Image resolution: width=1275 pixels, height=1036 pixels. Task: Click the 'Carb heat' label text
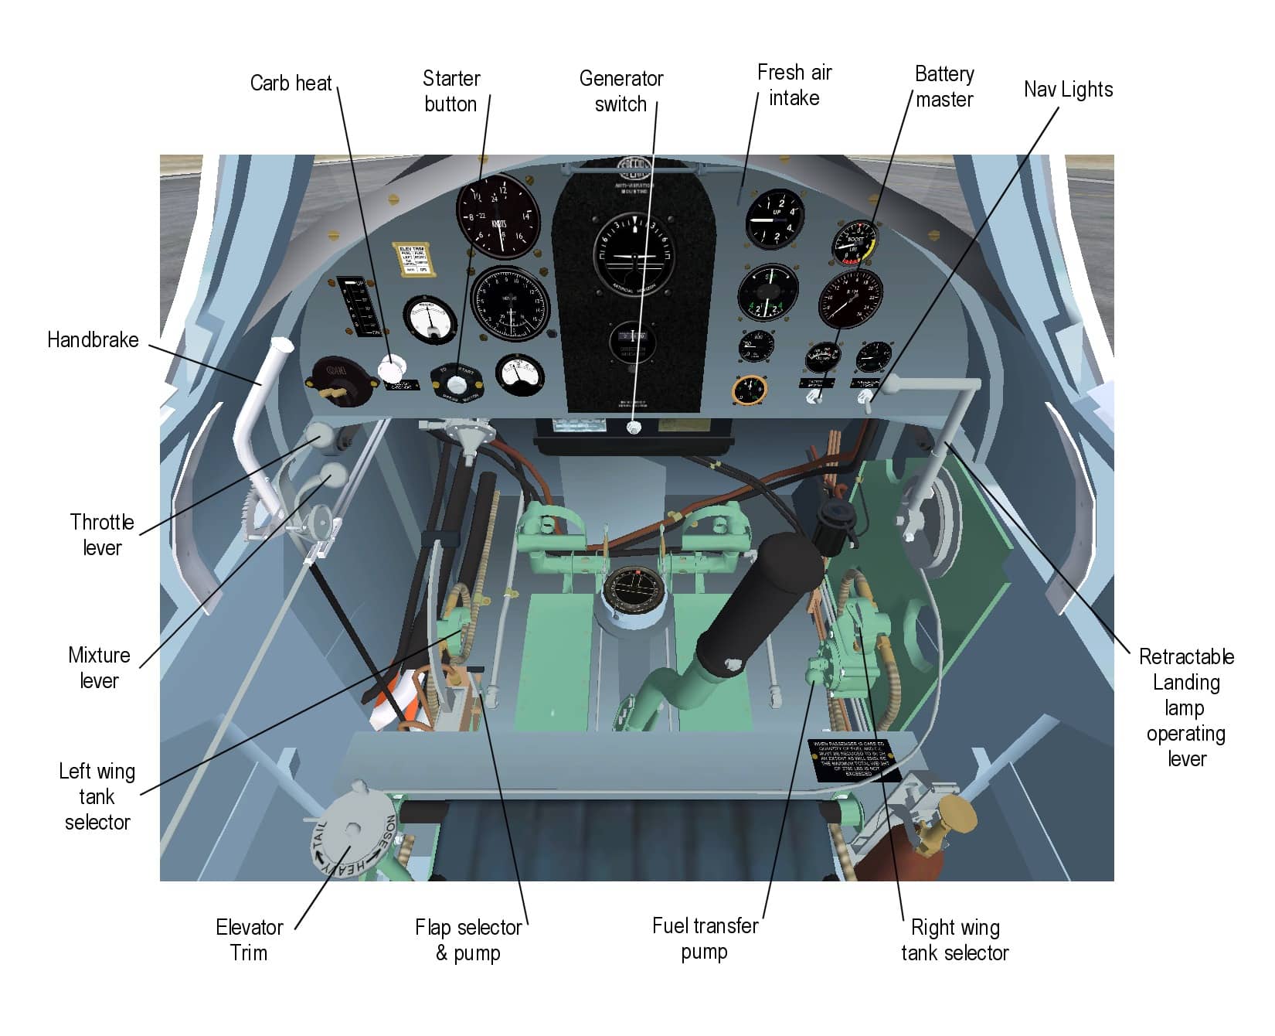(291, 83)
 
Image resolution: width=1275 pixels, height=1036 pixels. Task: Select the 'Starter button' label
(451, 91)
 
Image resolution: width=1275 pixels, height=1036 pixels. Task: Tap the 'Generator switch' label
(621, 91)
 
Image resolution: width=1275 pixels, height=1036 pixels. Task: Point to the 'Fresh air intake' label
(794, 85)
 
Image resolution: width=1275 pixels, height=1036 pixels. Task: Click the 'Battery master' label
(944, 87)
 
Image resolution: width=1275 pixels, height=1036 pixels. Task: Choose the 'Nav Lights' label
(1068, 90)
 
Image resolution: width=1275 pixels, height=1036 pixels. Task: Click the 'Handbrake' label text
(93, 340)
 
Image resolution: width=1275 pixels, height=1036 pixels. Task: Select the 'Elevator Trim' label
(249, 939)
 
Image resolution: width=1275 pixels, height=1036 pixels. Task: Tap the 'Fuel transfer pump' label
(705, 938)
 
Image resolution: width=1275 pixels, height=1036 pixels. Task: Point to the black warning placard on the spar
(849, 761)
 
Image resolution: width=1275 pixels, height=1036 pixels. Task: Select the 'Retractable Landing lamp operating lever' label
(1186, 707)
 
